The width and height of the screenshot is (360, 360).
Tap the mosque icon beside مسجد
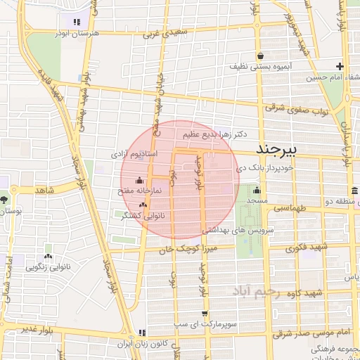pyautogui.click(x=257, y=190)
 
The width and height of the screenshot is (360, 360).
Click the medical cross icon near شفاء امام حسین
pyautogui.click(x=340, y=66)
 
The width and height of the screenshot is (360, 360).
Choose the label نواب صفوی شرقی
pyautogui.click(x=294, y=108)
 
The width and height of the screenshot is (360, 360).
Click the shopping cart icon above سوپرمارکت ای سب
pyautogui.click(x=205, y=314)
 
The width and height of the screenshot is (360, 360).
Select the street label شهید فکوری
pyautogui.click(x=314, y=247)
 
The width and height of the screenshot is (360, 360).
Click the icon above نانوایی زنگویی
pyautogui.click(x=49, y=257)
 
